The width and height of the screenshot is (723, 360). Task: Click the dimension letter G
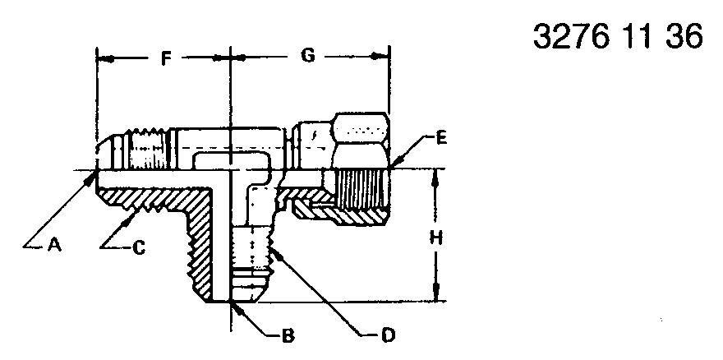pos(307,56)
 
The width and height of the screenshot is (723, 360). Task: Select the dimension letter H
pos(435,238)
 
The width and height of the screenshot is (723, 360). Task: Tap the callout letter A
pos(54,246)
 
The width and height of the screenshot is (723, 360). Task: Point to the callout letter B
pos(288,336)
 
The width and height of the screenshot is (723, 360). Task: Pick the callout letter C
pos(139,248)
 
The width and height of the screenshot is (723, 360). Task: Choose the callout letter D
pos(389,336)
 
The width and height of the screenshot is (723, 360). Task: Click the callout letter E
pos(441,138)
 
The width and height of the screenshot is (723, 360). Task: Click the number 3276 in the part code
pos(570,36)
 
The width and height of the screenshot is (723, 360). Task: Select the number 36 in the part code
pos(684,36)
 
